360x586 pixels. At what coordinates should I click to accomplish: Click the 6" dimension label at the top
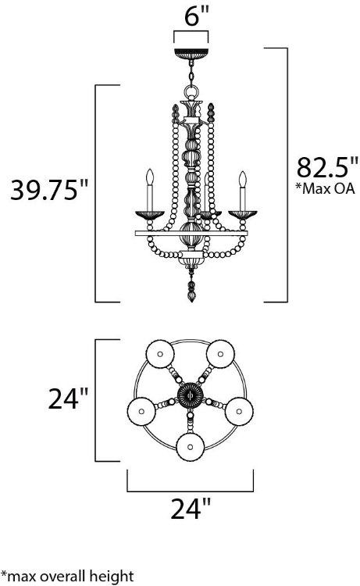[x=191, y=15]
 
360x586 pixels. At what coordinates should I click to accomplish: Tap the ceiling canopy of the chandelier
[x=191, y=54]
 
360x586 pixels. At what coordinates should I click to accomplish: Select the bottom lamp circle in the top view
[x=190, y=448]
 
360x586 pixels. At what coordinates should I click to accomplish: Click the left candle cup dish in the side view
[x=147, y=213]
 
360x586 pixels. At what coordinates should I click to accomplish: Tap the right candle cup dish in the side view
[x=242, y=213]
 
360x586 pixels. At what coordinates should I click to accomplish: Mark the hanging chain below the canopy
[x=191, y=79]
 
